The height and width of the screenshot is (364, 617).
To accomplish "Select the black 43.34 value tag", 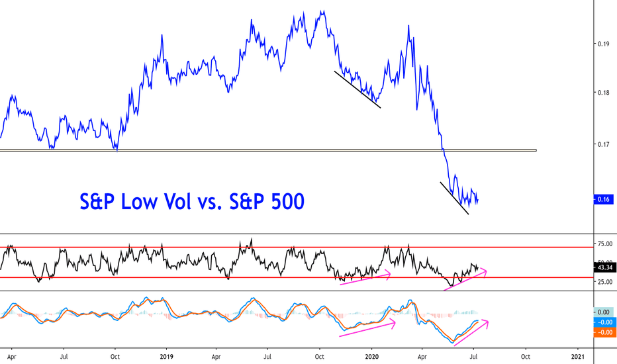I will click(x=605, y=268).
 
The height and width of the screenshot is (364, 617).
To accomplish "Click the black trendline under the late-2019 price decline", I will click(x=357, y=89).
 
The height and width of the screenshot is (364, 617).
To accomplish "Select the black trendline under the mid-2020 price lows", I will click(x=455, y=199).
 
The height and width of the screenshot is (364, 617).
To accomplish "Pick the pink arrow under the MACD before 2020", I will click(x=367, y=329).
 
